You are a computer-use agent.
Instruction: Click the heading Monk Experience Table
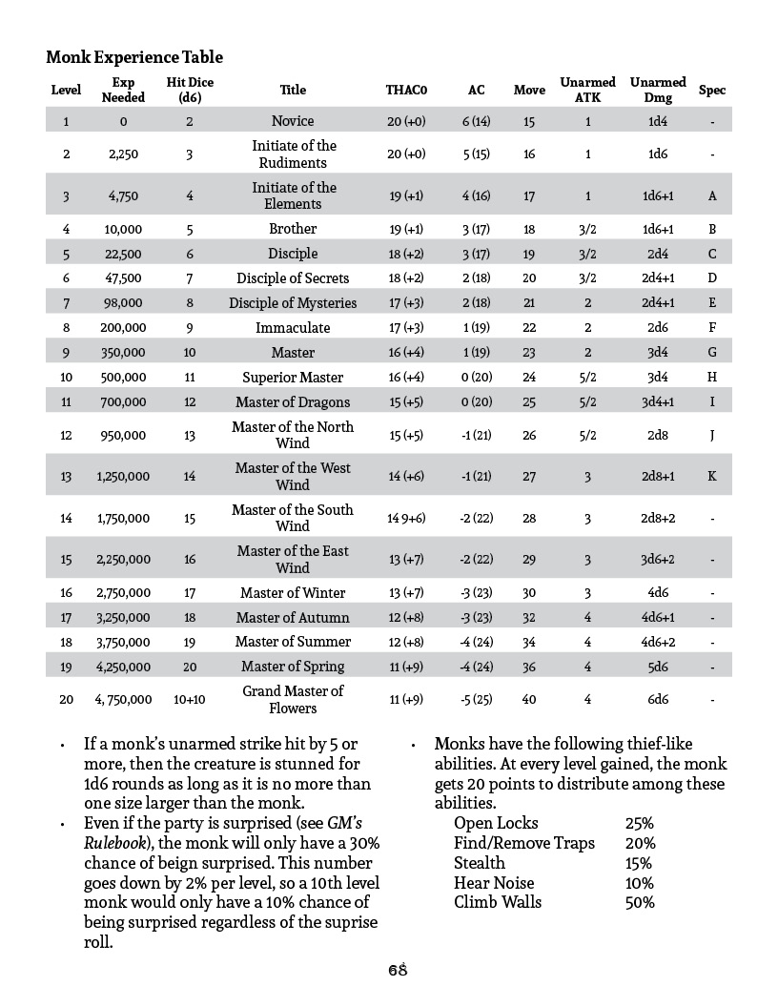[134, 58]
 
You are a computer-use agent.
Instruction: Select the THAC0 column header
[406, 91]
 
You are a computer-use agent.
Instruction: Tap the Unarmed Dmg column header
[657, 90]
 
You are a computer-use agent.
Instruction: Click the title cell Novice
[293, 121]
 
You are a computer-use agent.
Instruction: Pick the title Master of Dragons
[293, 401]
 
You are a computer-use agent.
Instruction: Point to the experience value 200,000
[122, 327]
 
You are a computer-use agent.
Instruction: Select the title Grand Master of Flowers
[293, 699]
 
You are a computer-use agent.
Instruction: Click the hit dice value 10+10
[190, 699]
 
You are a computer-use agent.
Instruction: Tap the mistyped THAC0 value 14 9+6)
[406, 518]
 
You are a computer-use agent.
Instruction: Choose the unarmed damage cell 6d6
[657, 699]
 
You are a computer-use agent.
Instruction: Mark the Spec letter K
[712, 476]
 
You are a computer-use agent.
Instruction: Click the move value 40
[529, 699]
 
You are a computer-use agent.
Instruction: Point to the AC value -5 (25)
[476, 699]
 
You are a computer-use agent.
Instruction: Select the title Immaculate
[293, 327]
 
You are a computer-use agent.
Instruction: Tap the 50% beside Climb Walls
[640, 902]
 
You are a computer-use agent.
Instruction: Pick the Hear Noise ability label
[494, 883]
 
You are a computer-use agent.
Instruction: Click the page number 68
[398, 970]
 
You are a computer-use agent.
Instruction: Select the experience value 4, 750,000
[122, 699]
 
